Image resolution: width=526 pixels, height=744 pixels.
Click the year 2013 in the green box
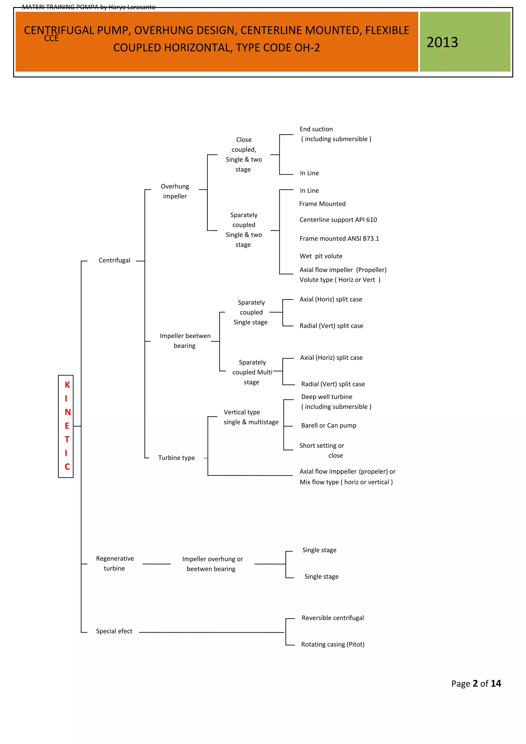click(x=442, y=42)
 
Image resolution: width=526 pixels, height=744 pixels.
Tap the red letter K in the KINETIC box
click(x=67, y=385)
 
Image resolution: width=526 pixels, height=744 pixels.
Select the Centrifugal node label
click(x=114, y=260)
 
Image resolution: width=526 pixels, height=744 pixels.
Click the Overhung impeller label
click(x=175, y=191)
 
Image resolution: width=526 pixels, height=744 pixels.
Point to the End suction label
click(x=316, y=129)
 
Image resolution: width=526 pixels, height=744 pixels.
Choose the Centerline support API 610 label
click(x=338, y=220)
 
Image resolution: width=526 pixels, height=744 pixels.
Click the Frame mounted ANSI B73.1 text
click(x=339, y=239)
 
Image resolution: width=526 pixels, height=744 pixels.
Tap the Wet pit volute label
click(x=321, y=256)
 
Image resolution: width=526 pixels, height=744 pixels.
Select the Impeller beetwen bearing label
click(x=185, y=341)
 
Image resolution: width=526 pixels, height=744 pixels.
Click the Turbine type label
click(x=177, y=457)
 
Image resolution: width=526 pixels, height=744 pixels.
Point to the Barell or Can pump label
click(x=329, y=425)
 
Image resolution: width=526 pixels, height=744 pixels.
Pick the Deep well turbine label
click(x=327, y=397)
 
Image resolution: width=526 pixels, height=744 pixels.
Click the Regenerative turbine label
click(x=115, y=563)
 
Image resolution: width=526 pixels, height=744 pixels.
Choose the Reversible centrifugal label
click(x=333, y=618)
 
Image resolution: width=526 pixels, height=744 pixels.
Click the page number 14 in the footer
click(x=496, y=683)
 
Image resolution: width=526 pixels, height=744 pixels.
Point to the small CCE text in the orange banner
click(x=52, y=38)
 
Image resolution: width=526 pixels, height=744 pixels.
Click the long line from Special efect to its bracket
click(x=212, y=632)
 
